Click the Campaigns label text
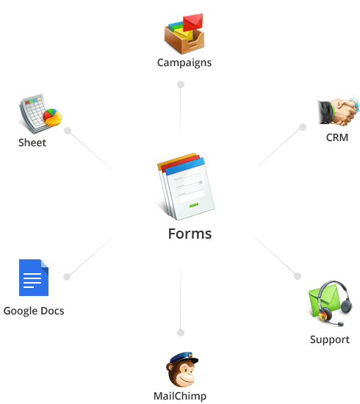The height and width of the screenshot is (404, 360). click(184, 62)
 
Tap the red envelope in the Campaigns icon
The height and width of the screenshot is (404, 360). click(193, 22)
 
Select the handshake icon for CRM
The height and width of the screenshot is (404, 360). click(338, 112)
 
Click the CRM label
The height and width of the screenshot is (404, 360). click(337, 137)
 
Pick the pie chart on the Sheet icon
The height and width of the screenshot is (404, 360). click(53, 118)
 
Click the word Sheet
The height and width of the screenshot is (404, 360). click(32, 143)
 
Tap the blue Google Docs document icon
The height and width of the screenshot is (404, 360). click(34, 278)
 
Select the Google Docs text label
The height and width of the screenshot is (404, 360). click(34, 311)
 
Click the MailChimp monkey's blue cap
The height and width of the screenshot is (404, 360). click(184, 358)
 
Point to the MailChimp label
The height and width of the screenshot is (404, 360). click(180, 396)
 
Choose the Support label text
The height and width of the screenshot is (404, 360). click(330, 339)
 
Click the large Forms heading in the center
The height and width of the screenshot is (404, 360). click(190, 234)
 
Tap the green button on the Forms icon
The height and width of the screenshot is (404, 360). click(194, 205)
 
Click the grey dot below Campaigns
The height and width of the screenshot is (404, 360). click(181, 84)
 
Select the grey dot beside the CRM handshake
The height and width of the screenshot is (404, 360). click(303, 127)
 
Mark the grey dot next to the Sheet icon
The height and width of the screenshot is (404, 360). click(68, 131)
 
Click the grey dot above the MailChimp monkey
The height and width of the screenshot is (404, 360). click(181, 333)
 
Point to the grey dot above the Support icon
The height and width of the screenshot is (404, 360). click(298, 276)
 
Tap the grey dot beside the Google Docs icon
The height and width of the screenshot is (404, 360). click(67, 277)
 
